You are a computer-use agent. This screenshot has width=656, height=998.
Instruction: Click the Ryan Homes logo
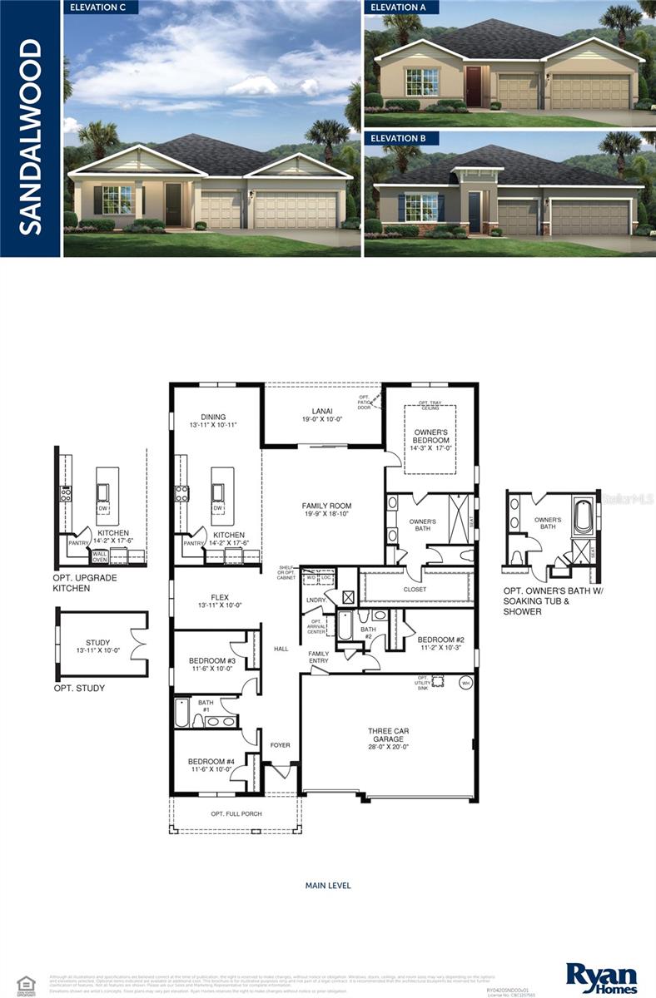(x=601, y=978)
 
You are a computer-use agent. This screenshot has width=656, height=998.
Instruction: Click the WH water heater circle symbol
(x=465, y=683)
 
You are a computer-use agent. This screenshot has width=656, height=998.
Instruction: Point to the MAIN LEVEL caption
(x=327, y=886)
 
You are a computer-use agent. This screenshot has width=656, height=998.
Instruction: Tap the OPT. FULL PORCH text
(x=236, y=813)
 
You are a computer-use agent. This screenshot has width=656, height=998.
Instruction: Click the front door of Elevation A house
(x=473, y=87)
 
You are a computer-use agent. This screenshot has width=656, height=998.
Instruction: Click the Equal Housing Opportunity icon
(x=26, y=984)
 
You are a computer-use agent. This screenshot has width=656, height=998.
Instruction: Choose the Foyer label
(x=280, y=745)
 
